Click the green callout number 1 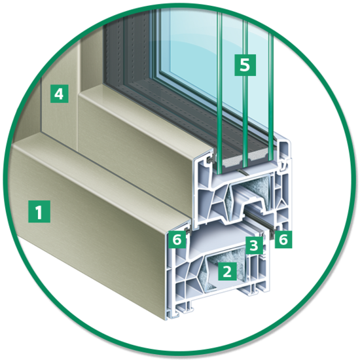39,211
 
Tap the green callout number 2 227,272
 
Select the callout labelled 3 254,245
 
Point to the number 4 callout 59,94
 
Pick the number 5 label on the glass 245,65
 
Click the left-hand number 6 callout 177,240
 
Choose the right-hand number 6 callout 283,240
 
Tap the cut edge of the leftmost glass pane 219,92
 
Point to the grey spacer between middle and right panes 258,155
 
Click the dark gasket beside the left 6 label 188,232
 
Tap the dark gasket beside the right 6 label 272,233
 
